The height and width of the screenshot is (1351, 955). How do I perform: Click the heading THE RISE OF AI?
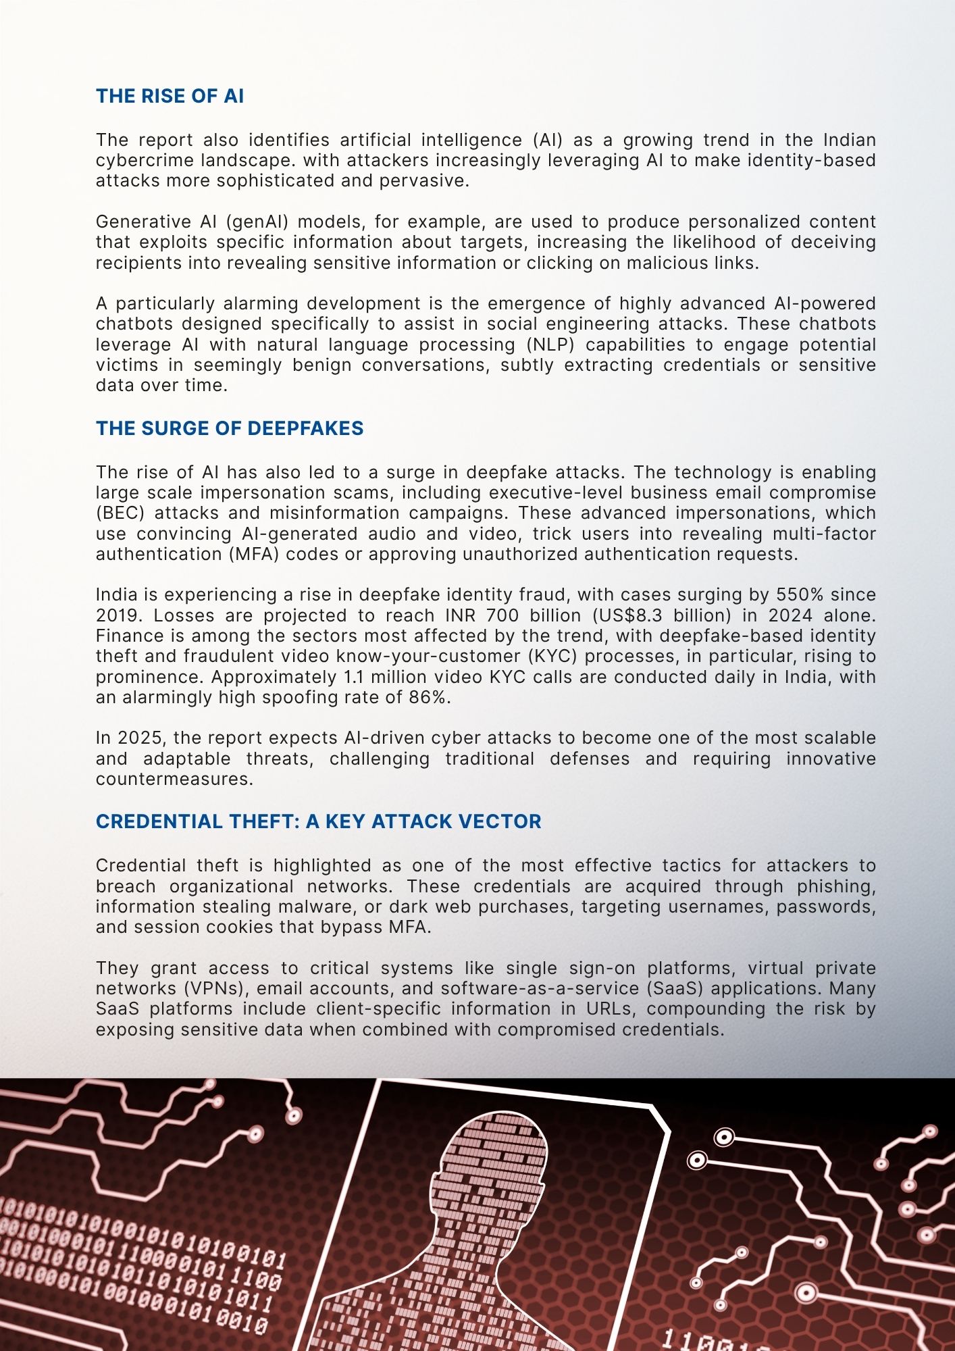pyautogui.click(x=170, y=97)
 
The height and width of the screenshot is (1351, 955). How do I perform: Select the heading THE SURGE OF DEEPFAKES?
pyautogui.click(x=230, y=428)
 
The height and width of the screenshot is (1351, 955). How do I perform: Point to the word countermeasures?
pyautogui.click(x=174, y=779)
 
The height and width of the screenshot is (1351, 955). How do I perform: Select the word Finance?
pyautogui.click(x=128, y=636)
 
